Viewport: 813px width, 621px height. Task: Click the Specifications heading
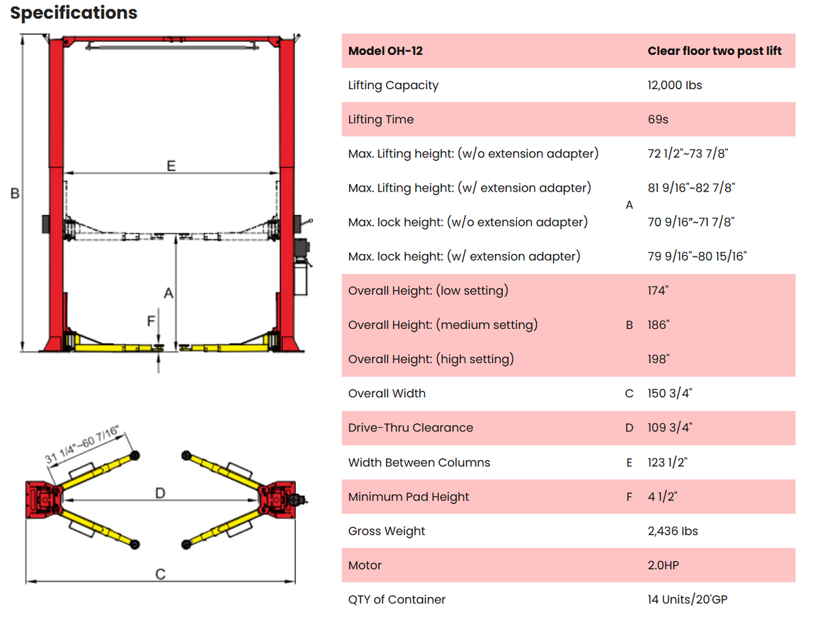74,13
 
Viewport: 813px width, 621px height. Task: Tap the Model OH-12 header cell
385,51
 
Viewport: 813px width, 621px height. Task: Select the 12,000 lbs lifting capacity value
674,85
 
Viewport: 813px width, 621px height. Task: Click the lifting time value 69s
658,119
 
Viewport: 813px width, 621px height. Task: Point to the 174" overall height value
658,291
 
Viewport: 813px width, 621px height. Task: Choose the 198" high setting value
658,359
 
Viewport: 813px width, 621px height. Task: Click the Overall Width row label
386,393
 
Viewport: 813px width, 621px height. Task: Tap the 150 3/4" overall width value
670,393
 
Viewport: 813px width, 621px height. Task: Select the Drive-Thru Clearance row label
410,427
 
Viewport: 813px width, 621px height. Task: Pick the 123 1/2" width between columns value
668,462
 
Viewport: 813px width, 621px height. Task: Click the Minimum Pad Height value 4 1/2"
662,497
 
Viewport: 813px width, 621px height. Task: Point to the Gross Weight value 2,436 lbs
672,531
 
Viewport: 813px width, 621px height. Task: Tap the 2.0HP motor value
663,565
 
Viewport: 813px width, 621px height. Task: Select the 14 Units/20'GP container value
687,600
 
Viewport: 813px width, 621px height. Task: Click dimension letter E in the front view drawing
171,165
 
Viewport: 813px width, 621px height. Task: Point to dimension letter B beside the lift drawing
15,194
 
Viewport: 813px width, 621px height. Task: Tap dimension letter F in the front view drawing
151,322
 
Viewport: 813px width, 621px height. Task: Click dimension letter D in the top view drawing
160,493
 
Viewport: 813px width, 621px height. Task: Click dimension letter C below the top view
160,574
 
